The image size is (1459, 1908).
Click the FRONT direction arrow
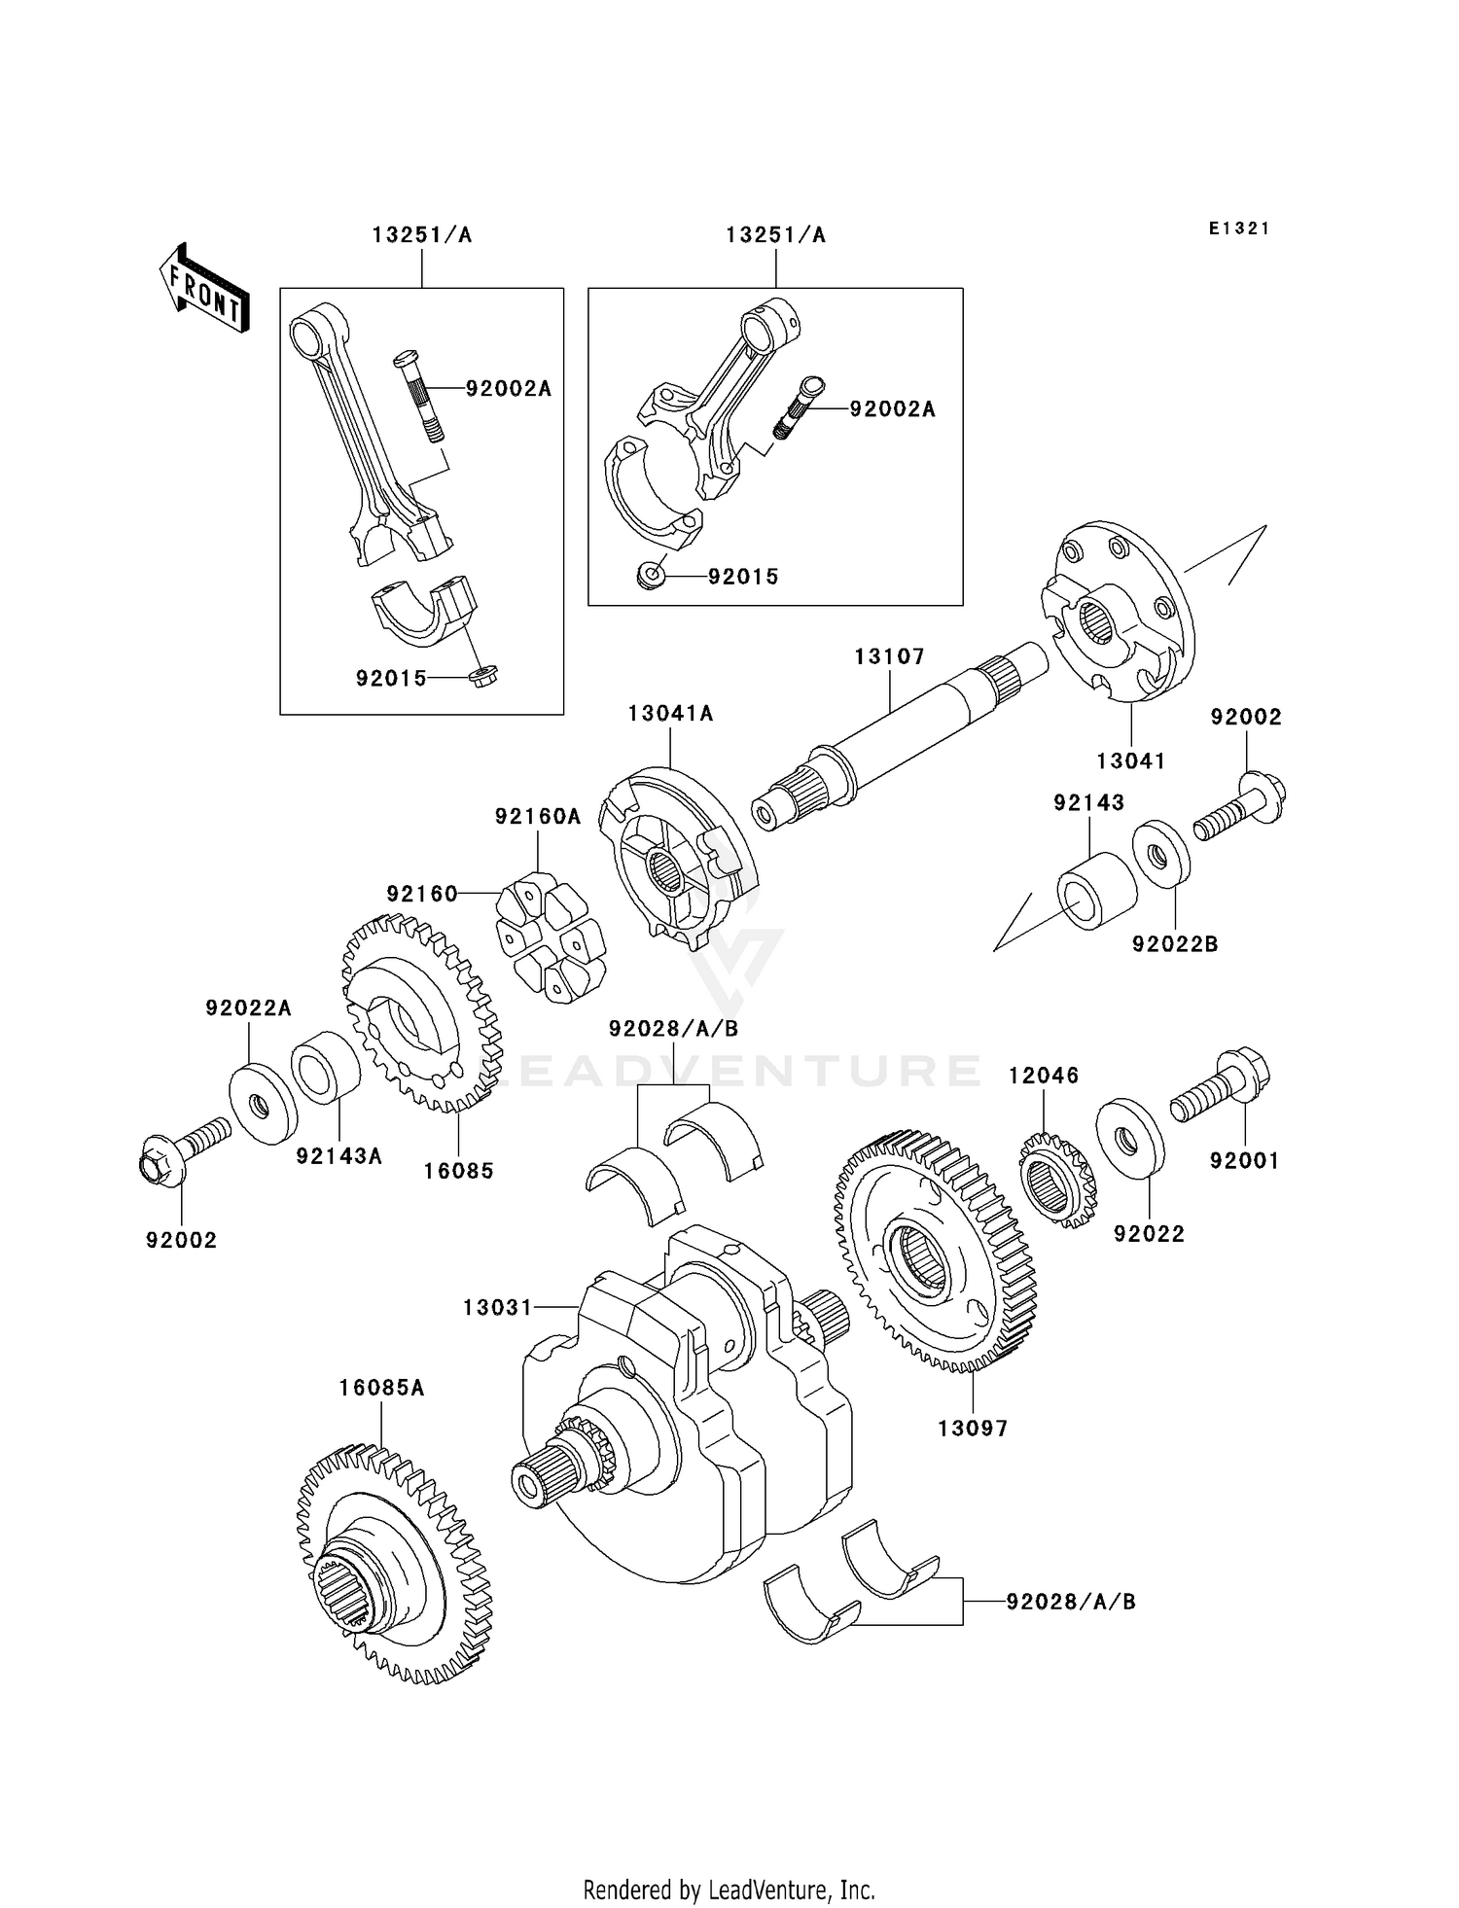[x=204, y=289]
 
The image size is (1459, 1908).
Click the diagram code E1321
[x=1239, y=229]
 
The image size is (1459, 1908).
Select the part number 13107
[x=889, y=657]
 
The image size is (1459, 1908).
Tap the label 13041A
[x=670, y=714]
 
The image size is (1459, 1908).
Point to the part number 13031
[x=497, y=1308]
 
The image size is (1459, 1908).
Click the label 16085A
[x=381, y=1388]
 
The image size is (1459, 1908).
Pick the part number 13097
[x=973, y=1429]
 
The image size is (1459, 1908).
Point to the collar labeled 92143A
[x=326, y=1070]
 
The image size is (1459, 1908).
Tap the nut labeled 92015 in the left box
[x=482, y=677]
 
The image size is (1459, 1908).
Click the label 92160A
[x=537, y=817]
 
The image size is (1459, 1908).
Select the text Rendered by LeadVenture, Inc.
[x=729, y=1890]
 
